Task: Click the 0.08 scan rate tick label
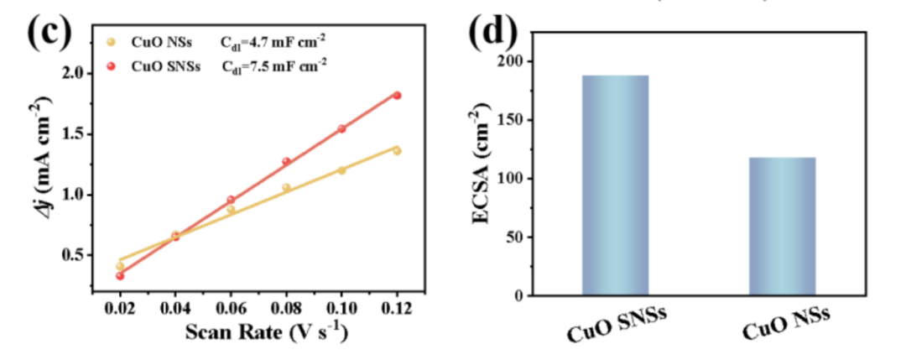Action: [x=285, y=307]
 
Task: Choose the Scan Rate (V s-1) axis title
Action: [x=257, y=333]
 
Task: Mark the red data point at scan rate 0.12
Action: [x=397, y=96]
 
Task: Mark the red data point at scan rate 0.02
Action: [x=120, y=275]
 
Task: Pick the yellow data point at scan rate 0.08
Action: [x=286, y=188]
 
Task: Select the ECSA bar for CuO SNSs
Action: [x=615, y=185]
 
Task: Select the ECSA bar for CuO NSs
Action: [x=781, y=227]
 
